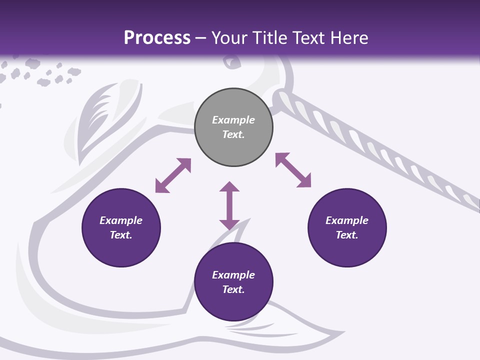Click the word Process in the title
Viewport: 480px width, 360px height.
(157, 38)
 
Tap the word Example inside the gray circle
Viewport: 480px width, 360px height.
(233, 120)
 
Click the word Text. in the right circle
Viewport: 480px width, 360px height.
(347, 235)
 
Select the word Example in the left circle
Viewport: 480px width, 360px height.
(121, 220)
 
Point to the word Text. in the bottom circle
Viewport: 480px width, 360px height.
(233, 289)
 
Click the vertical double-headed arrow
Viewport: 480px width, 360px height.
(229, 205)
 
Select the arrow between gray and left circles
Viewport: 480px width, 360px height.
(173, 175)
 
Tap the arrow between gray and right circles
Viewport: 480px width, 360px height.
(293, 170)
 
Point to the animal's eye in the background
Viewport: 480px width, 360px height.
(231, 62)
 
